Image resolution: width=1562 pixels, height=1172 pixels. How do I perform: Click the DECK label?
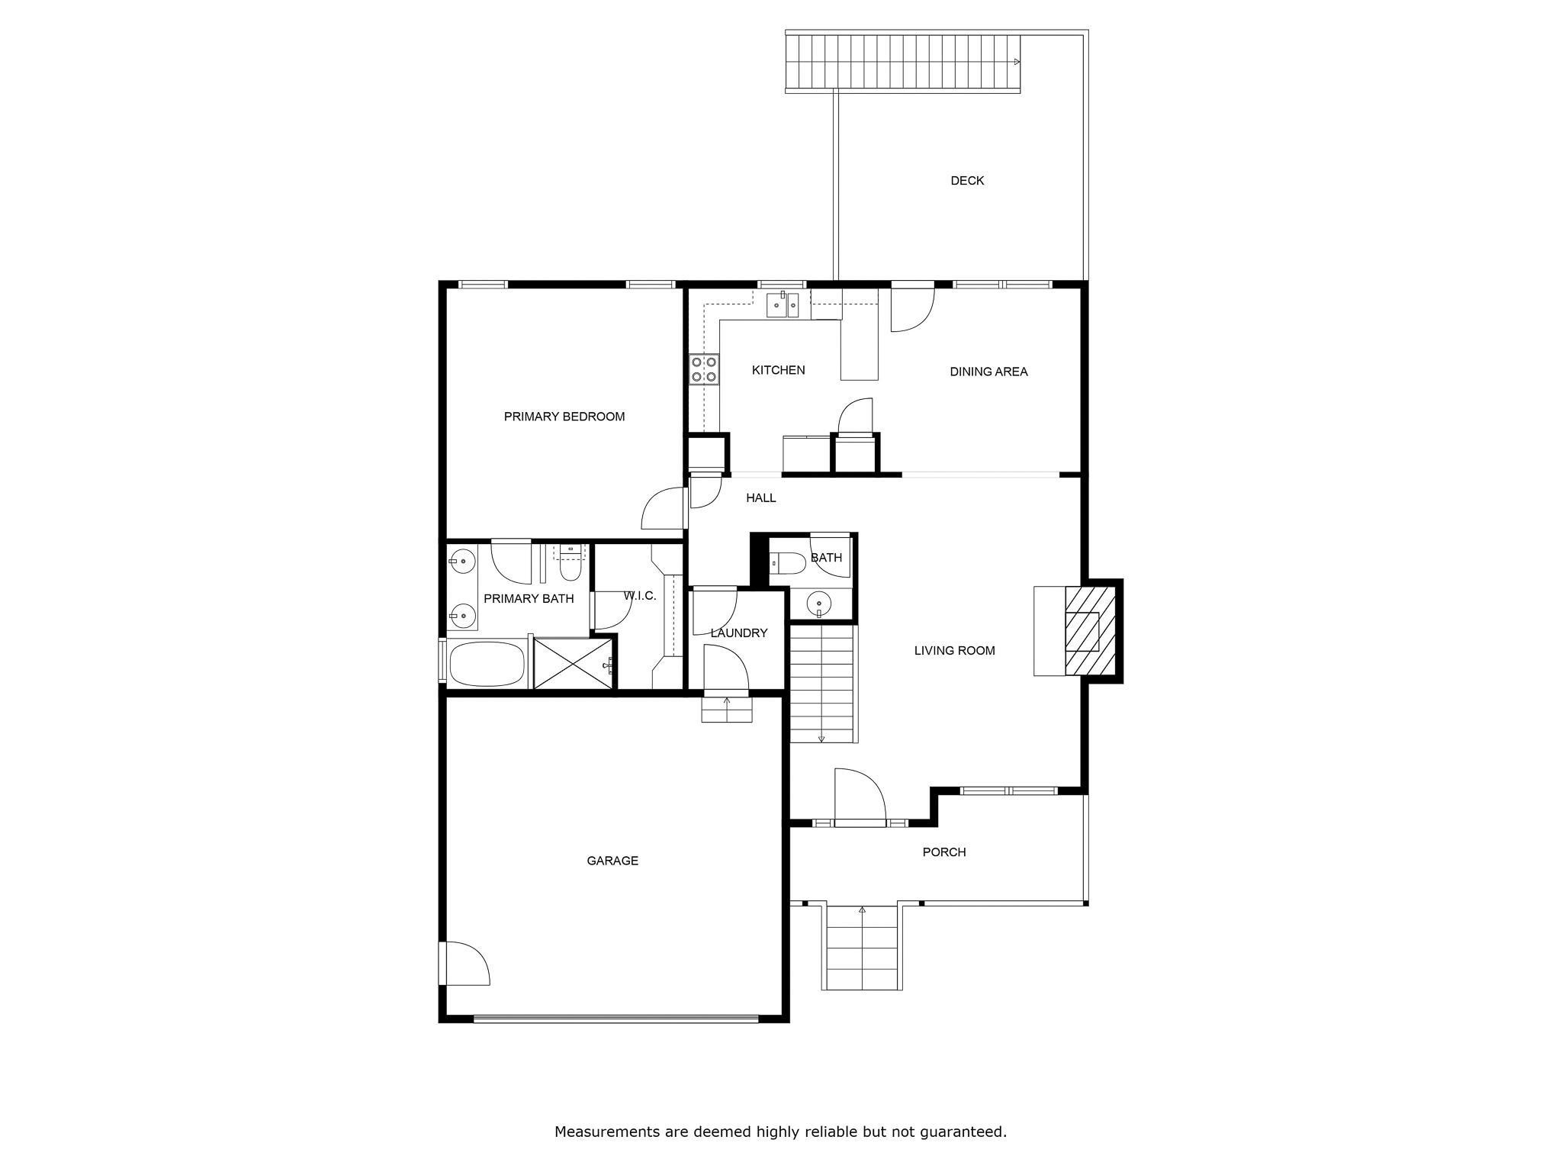click(966, 181)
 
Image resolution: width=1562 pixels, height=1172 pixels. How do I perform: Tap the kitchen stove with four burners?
click(704, 369)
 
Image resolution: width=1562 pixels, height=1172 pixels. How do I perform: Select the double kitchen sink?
click(782, 305)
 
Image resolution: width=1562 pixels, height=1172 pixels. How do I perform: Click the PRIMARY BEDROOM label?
click(564, 417)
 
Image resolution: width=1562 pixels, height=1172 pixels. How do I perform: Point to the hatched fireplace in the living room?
click(1090, 630)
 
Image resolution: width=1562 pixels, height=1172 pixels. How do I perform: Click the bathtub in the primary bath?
click(487, 664)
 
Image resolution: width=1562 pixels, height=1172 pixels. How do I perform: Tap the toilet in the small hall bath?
click(786, 564)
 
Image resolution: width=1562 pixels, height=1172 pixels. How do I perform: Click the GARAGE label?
click(612, 861)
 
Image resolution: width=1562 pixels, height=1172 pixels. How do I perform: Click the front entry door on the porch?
click(860, 797)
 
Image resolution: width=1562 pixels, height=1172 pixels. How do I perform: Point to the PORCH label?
click(943, 852)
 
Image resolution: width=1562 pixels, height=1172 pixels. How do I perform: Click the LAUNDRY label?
click(738, 633)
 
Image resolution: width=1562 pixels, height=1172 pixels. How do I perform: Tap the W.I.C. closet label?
click(639, 596)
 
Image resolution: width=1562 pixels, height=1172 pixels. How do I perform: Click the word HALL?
click(760, 498)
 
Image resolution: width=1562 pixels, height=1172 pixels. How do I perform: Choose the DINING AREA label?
click(988, 372)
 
